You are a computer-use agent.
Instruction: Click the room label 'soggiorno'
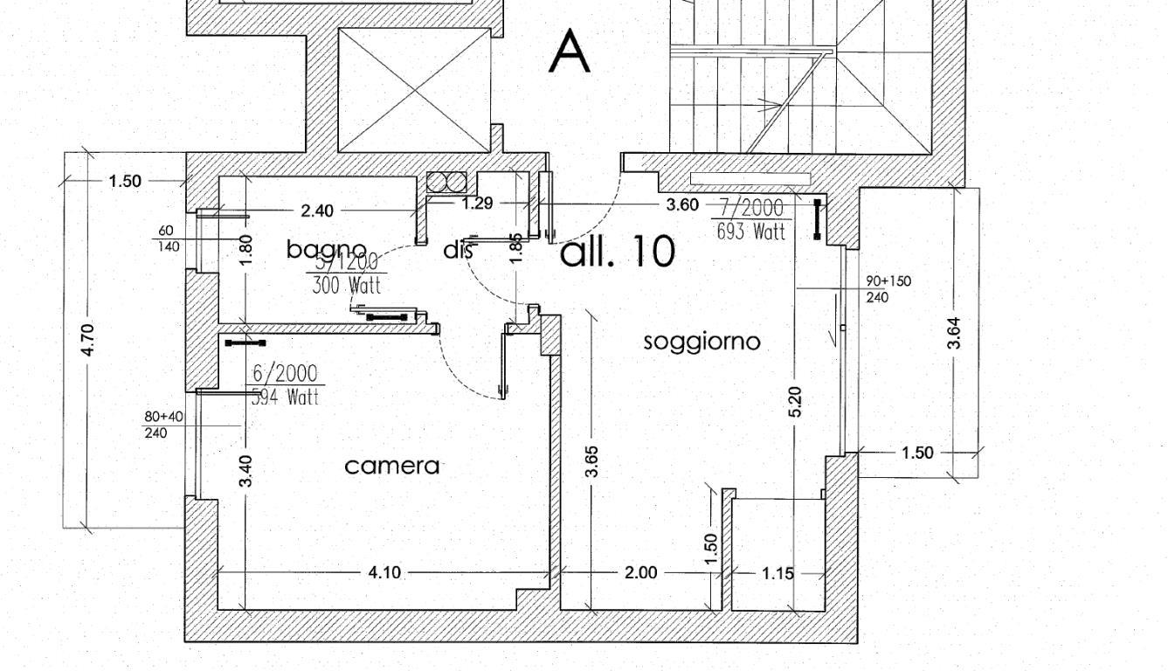point(701,342)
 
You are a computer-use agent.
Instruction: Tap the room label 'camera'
point(392,466)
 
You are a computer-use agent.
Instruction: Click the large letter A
point(570,52)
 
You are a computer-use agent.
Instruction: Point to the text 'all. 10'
point(617,252)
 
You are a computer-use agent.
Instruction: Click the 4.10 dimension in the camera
point(384,572)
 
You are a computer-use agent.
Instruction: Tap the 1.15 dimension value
point(778,573)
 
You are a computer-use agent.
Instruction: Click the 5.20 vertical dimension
point(795,401)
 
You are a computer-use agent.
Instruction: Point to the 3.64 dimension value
point(954,333)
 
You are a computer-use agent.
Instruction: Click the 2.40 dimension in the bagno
point(316,211)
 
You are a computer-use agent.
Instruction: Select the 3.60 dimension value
point(682,204)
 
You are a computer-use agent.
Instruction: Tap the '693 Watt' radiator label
point(750,232)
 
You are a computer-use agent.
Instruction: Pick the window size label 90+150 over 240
point(888,288)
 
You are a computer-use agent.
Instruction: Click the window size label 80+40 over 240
point(163,425)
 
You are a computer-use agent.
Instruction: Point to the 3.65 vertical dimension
point(592,462)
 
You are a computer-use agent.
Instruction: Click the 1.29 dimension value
point(477,203)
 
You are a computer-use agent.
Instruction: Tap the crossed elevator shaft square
point(414,90)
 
